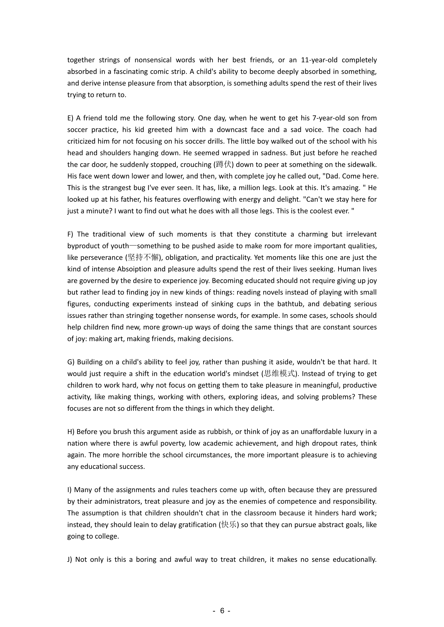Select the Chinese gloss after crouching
[223, 165]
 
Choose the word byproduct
[84, 246]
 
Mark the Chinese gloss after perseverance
[143, 258]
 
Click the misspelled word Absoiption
[134, 269]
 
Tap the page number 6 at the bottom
[222, 611]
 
